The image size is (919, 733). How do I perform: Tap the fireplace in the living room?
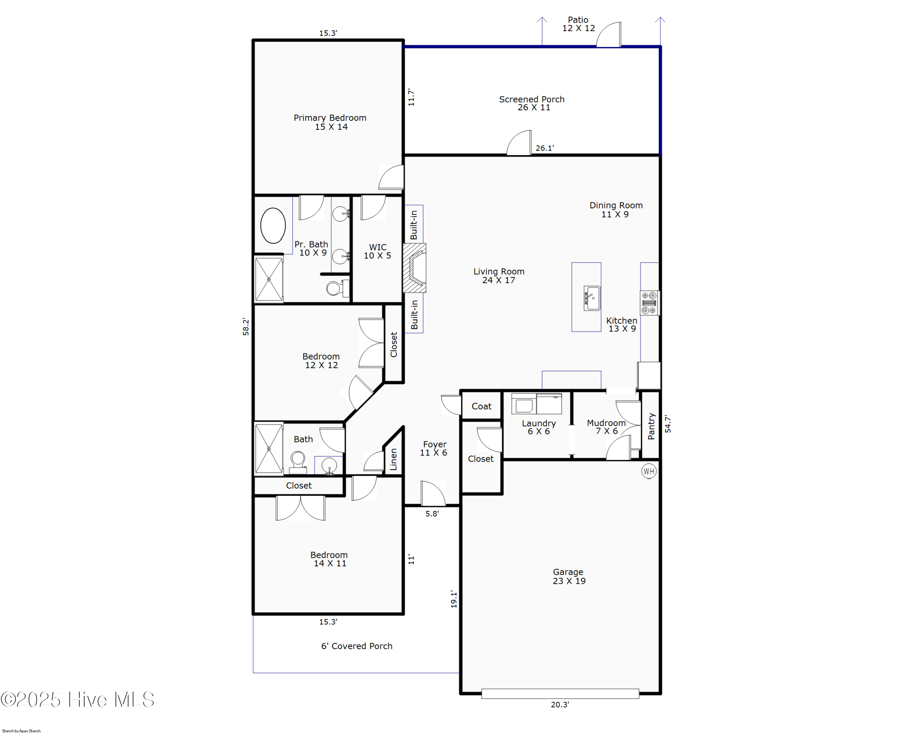click(415, 268)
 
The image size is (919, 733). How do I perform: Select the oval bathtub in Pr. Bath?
click(273, 225)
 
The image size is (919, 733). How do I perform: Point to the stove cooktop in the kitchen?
click(649, 303)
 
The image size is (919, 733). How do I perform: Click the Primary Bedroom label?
click(330, 122)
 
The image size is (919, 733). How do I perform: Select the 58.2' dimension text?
click(246, 327)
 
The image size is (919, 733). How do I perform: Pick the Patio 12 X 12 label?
click(578, 24)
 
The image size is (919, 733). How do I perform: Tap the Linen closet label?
click(393, 459)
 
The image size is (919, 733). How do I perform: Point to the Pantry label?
click(651, 426)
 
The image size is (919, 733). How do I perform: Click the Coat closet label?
click(481, 406)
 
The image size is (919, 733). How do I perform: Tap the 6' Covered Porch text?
click(357, 646)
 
